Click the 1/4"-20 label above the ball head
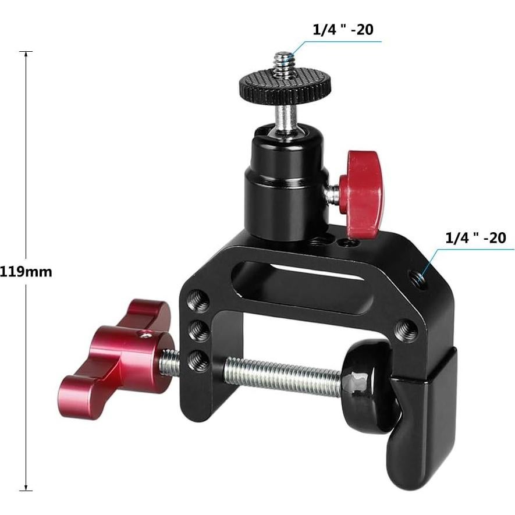click(343, 30)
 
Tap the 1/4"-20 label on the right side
click(475, 237)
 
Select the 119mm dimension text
click(26, 271)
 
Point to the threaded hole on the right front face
click(405, 331)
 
